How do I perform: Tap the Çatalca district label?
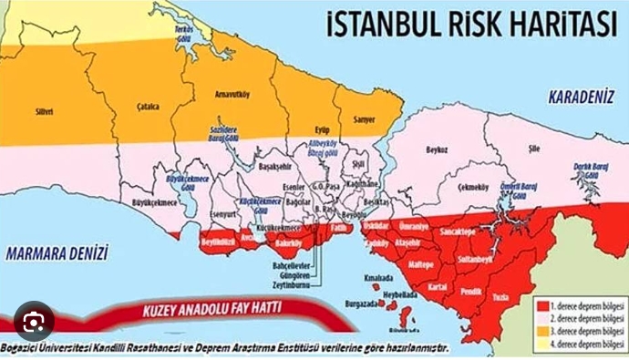(x=147, y=107)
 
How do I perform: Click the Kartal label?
(x=436, y=285)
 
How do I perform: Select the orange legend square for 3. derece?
(x=542, y=333)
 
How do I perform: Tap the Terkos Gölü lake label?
(x=186, y=31)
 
